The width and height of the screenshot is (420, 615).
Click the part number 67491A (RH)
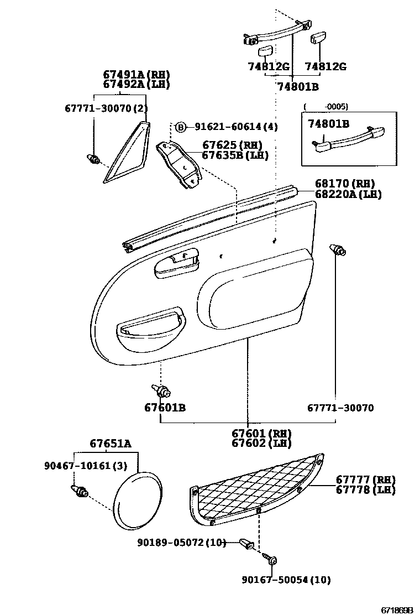[136, 75]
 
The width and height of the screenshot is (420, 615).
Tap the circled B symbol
[181, 127]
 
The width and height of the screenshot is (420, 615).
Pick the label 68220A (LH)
[348, 194]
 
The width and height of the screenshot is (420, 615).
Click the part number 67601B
[165, 408]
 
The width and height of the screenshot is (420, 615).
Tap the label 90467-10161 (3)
[86, 466]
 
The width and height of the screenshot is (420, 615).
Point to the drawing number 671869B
[396, 609]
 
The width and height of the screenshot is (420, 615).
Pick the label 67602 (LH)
[261, 443]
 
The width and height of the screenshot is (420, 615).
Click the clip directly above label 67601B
[162, 391]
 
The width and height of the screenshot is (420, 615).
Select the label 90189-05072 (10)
[182, 543]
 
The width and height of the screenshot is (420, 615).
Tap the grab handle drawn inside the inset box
[348, 140]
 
